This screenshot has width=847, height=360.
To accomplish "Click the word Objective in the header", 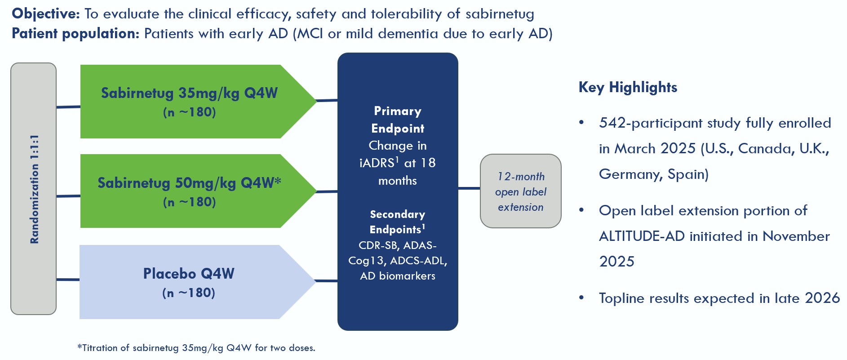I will coord(45,14).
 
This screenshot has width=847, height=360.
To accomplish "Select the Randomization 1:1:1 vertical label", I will coord(34,189).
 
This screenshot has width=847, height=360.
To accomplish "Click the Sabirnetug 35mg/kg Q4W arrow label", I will coord(189,93).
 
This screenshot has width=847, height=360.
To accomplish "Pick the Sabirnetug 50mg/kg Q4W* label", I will coord(189,183).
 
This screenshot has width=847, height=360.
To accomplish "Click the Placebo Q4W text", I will coord(189,274).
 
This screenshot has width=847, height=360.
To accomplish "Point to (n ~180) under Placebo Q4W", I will coord(189,293).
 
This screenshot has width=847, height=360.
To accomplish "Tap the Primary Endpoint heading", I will coord(398,120).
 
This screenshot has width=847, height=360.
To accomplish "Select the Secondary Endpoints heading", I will coord(398,222).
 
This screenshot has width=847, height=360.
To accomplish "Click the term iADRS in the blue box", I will coord(377,163).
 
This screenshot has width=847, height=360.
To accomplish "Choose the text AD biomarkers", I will coord(398,276).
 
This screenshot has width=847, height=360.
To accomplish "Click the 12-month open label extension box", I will coord(520,191).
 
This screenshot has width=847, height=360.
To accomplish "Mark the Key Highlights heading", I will coord(628,87).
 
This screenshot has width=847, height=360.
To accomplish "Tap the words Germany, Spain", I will coord(653,174).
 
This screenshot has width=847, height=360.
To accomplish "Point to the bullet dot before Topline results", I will coord(581,298).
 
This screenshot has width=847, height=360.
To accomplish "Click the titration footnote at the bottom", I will coord(196,348).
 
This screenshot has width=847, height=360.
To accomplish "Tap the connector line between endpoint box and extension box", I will coord(469,188).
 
